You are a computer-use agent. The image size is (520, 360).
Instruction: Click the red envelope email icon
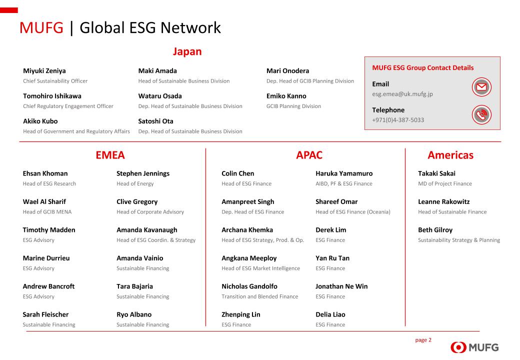coord(481,87)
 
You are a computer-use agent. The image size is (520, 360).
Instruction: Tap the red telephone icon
coord(481,114)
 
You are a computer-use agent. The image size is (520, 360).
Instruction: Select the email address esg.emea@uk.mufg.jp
coord(402,94)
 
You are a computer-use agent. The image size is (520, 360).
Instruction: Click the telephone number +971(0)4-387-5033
coord(398,120)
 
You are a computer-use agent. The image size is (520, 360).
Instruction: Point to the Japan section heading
coord(187,51)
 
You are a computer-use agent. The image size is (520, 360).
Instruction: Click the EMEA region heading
coord(110,155)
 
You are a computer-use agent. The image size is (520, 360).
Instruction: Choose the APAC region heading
coord(309,155)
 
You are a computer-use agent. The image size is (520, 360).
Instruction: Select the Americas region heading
coord(450,155)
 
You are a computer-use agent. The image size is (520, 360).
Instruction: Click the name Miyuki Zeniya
coord(44,71)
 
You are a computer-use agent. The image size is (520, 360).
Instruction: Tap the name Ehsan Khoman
coord(45,173)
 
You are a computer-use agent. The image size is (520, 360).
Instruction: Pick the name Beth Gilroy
coord(435,230)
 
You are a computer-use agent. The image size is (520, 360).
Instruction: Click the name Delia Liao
coord(330,314)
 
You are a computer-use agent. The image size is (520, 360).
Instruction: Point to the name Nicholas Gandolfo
coord(249,286)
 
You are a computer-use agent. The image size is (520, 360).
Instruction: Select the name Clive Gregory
coord(137,202)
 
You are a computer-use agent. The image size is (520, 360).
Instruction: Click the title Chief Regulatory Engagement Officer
coord(68,106)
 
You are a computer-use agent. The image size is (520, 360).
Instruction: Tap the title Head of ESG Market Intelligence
coord(260,268)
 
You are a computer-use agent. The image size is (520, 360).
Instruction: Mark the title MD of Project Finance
coord(444,183)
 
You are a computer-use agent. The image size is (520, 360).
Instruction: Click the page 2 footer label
coord(423,340)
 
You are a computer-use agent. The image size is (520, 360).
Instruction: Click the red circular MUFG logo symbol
coord(458,347)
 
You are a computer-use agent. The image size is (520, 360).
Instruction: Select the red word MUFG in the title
coord(41,28)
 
